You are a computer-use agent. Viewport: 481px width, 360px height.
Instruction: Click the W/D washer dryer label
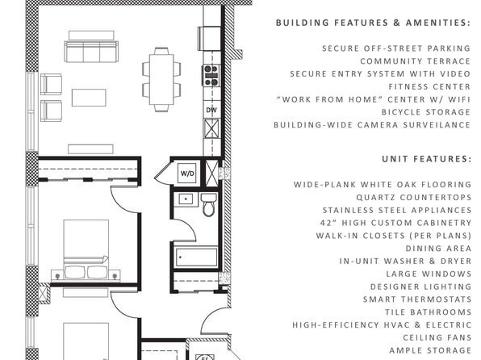(x=187, y=174)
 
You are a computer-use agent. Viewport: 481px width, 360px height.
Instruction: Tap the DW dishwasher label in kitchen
(x=211, y=110)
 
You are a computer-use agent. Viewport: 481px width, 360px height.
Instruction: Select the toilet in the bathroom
(x=209, y=204)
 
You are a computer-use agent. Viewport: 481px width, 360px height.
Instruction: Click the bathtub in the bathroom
(x=196, y=257)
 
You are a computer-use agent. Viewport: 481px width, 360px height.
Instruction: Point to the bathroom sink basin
(x=186, y=199)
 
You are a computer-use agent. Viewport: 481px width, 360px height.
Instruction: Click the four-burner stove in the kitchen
(x=211, y=76)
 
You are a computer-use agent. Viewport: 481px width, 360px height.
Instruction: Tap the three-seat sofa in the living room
(x=91, y=52)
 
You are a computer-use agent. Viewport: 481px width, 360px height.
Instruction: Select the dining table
(x=161, y=79)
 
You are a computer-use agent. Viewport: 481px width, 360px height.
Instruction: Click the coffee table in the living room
(x=89, y=98)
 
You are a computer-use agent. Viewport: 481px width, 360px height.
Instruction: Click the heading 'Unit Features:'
(x=426, y=159)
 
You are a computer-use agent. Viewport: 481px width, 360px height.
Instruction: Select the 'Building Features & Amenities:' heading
(x=373, y=23)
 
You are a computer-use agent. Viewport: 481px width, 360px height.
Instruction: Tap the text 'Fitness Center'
(x=429, y=87)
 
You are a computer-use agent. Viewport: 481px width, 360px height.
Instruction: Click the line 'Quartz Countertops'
(x=414, y=197)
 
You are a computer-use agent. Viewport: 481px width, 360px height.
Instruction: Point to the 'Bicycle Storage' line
(x=426, y=112)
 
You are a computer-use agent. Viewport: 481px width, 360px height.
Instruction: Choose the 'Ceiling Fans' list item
(x=437, y=337)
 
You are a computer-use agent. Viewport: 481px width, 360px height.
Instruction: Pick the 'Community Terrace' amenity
(x=416, y=61)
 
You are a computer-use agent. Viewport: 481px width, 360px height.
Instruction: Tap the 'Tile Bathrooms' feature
(x=429, y=312)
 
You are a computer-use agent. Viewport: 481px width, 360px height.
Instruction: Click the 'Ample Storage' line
(x=430, y=350)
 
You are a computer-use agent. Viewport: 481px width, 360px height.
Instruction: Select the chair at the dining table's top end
(x=161, y=51)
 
